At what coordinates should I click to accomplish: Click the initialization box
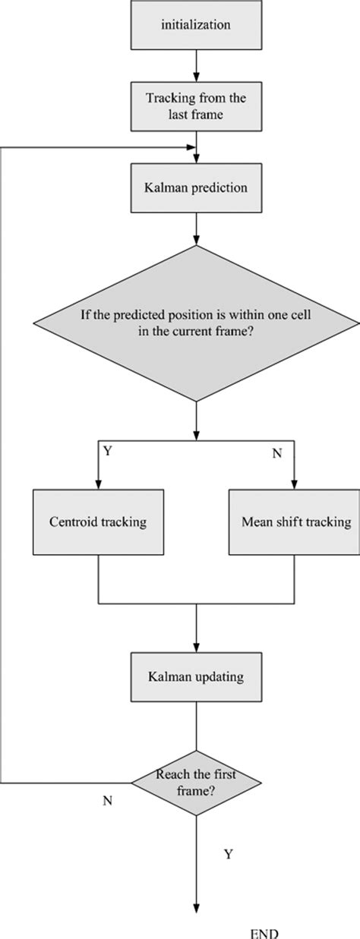[x=197, y=26]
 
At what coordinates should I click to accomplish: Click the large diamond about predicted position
[x=197, y=323]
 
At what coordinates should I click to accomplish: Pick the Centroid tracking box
[x=98, y=521]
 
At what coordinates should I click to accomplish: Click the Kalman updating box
[x=197, y=673]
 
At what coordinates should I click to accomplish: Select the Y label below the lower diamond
[x=228, y=854]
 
